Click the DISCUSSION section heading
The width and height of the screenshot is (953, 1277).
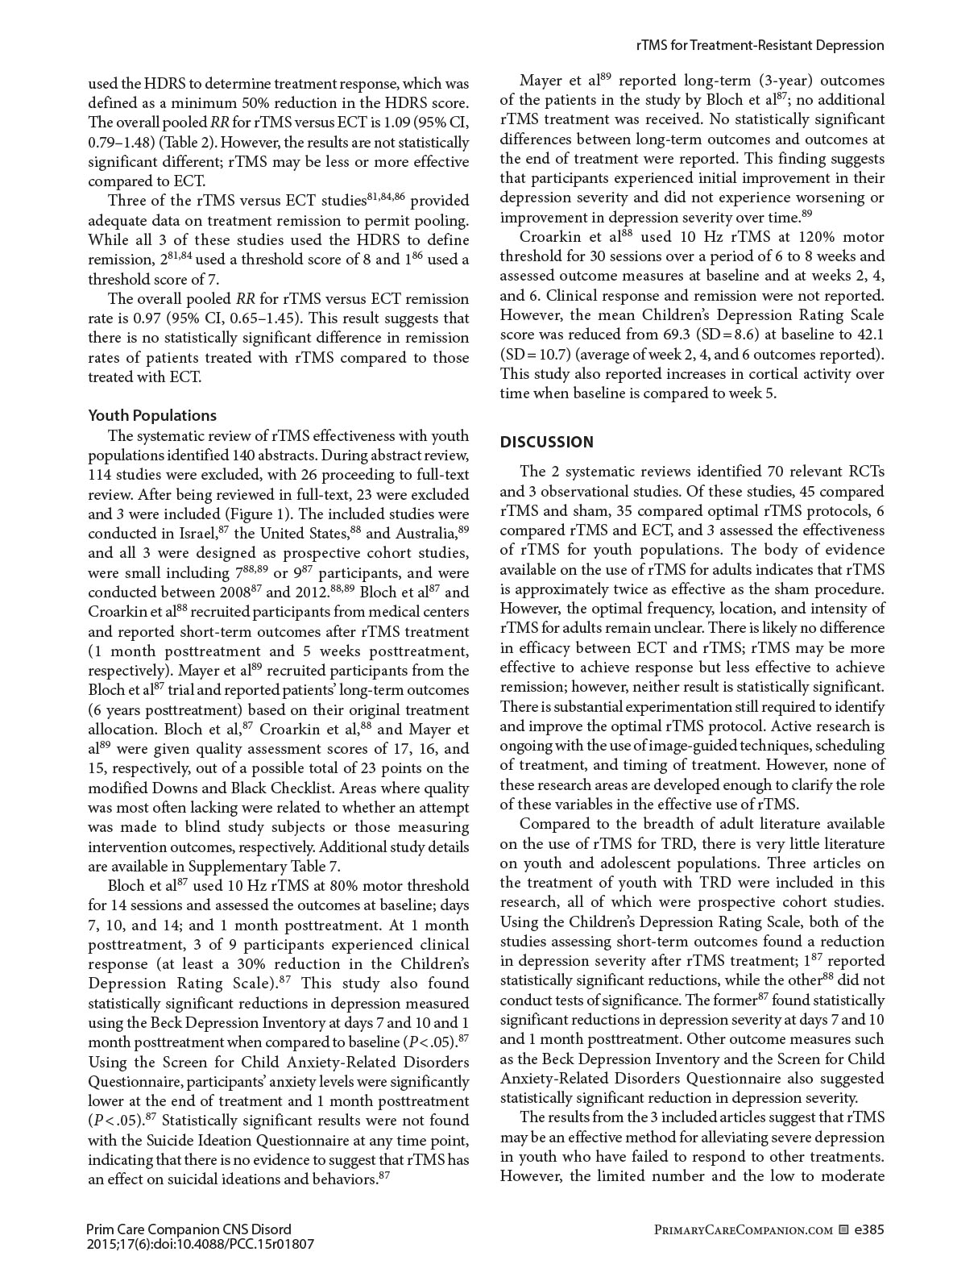tap(547, 442)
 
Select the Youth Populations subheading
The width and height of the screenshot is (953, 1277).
tap(152, 415)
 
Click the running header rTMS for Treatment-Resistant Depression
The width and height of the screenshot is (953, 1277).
tap(760, 45)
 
